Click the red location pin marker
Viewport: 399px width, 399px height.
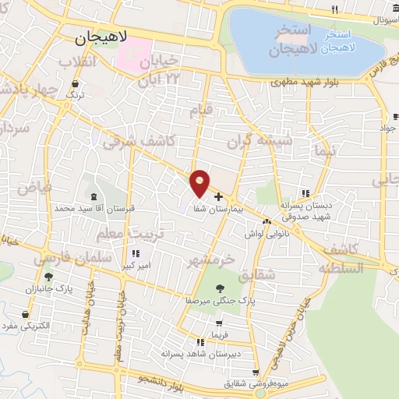tap(200, 182)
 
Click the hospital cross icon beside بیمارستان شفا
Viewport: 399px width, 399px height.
tap(217, 196)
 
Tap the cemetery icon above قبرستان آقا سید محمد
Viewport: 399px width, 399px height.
tap(95, 196)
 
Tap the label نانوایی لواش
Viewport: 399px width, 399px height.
tap(265, 234)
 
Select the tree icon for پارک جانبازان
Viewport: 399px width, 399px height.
tap(48, 276)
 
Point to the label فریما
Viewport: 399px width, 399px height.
tap(218, 335)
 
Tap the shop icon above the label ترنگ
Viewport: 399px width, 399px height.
tap(74, 83)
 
